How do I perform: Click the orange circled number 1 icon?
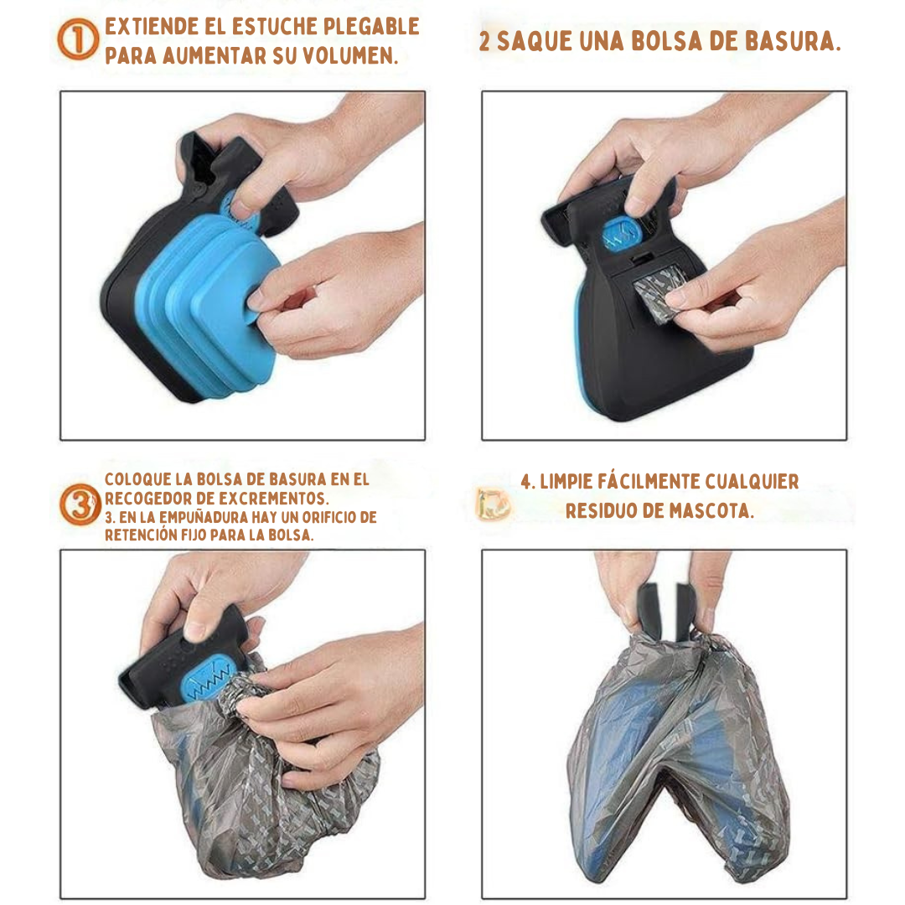point(78,39)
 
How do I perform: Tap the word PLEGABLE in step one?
point(371,27)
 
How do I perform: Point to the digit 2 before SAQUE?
point(485,42)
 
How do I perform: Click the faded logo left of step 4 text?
point(493,504)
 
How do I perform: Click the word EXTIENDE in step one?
point(152,27)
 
